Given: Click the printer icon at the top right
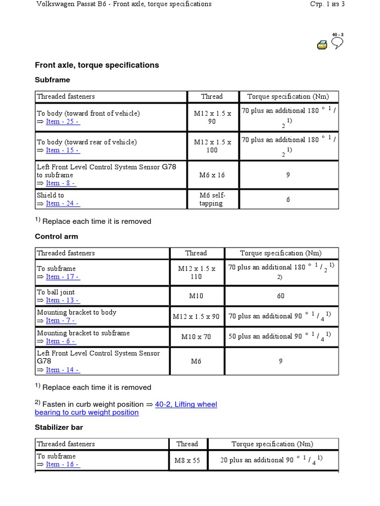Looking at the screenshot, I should tap(322, 45).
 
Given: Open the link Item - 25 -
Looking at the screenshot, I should tap(63, 122).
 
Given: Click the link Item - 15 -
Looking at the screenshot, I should tap(63, 150).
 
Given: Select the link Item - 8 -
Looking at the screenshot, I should tap(61, 183).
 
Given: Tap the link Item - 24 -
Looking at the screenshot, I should tap(63, 203).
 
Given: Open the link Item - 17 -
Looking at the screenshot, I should tap(63, 277).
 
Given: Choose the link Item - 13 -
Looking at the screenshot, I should tap(62, 300).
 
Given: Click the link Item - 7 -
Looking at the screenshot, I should tap(60, 320).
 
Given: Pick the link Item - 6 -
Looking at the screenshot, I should tap(60, 341).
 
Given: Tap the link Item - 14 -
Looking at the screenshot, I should tap(63, 370).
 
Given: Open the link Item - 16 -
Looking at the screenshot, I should tap(62, 464).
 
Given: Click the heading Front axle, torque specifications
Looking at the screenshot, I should tap(97, 65).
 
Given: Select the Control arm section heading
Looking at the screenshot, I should tap(56, 237).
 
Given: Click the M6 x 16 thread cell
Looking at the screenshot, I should tap(212, 175).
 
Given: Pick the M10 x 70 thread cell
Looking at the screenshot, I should tap(196, 337).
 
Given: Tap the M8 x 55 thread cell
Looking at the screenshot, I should tap(188, 460).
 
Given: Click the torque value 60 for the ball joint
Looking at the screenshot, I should tap(281, 296).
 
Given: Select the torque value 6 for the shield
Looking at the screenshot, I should tap(288, 200).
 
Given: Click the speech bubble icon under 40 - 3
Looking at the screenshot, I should tap(337, 43).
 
